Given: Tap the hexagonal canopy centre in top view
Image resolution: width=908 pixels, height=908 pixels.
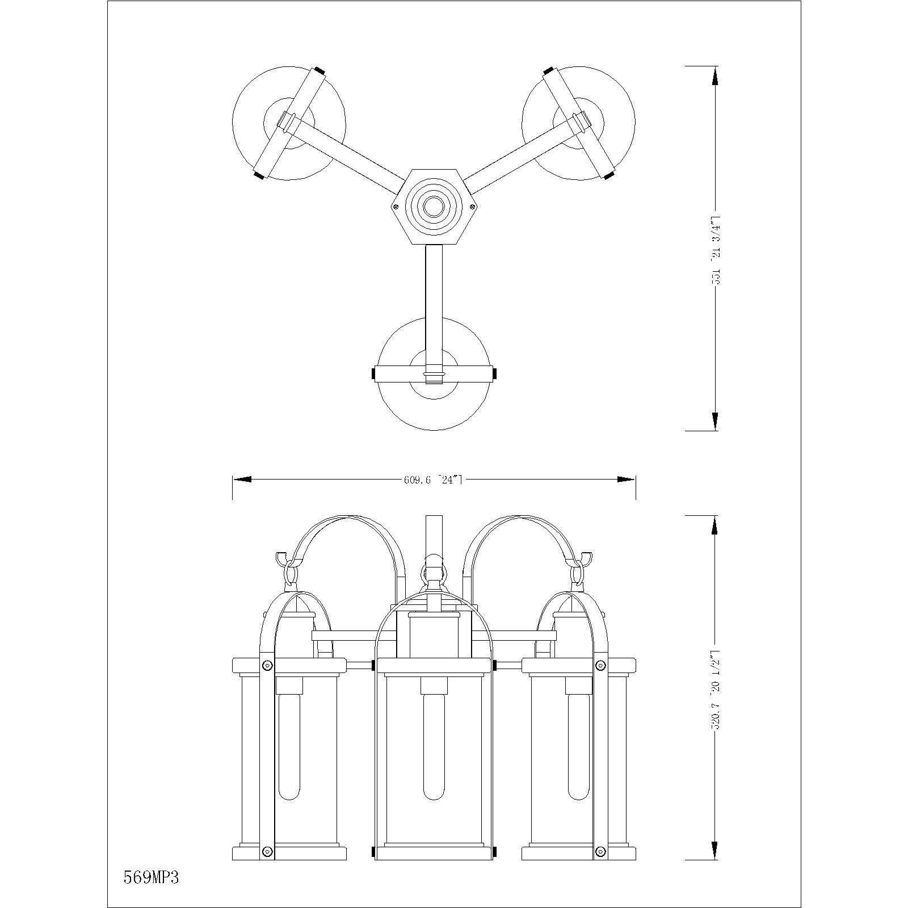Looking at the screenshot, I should click(x=434, y=207).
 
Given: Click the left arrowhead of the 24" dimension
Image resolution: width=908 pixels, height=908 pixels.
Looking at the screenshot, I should click(x=242, y=480).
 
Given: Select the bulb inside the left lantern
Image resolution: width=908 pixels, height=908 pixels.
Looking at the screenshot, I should click(x=289, y=749).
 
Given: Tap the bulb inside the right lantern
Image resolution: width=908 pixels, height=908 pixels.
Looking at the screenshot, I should click(x=578, y=749).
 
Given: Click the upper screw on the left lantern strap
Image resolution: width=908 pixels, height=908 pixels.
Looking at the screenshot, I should click(x=267, y=665).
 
